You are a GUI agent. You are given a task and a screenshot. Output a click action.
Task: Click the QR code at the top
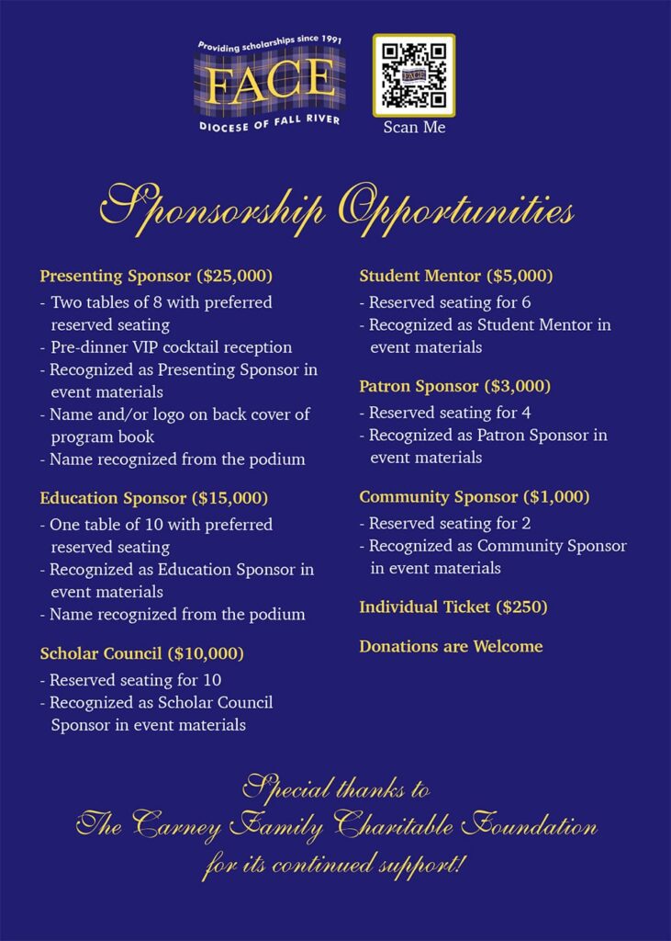point(413,75)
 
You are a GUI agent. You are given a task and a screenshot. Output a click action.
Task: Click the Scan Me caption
point(414,128)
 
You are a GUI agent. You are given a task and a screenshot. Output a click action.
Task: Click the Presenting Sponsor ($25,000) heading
point(156,276)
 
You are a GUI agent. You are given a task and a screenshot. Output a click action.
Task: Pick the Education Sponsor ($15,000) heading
point(153,498)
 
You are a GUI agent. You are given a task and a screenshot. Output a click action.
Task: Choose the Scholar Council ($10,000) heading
point(141,654)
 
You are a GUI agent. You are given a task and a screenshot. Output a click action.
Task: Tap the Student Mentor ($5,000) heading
point(455,276)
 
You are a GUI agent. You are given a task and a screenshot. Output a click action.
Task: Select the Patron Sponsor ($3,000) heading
point(454,386)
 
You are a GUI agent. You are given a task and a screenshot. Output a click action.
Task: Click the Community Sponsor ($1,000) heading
point(474,497)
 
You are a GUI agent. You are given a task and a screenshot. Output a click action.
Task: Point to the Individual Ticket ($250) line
point(453,607)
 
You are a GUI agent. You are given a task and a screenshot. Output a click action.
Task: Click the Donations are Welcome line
point(451,647)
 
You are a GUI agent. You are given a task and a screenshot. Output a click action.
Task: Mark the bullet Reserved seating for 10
point(130,681)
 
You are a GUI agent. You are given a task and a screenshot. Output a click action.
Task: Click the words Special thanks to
point(336,788)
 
